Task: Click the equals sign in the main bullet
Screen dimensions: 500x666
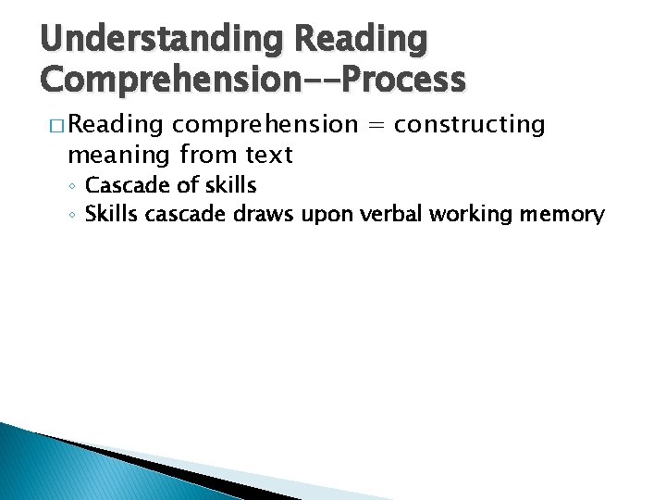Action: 375,125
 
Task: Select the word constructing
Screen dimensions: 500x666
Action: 470,126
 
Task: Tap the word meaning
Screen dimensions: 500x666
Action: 117,154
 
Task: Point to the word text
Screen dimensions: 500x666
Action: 266,153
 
